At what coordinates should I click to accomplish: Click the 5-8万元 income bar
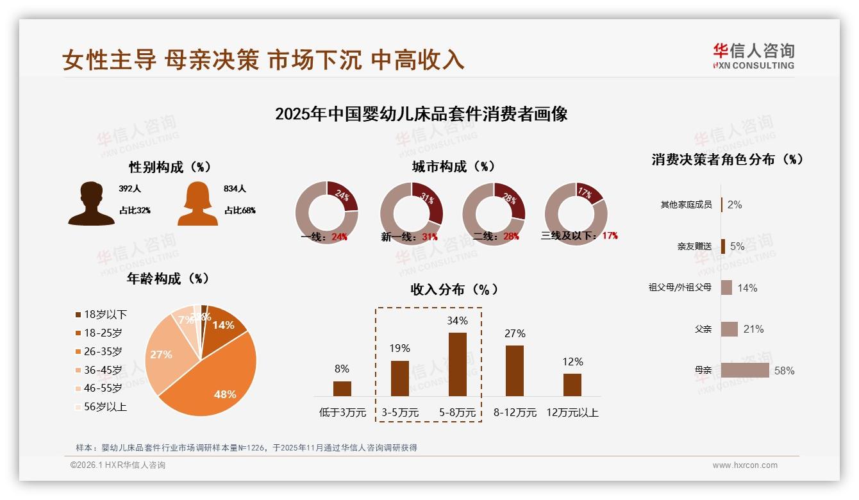click(457, 364)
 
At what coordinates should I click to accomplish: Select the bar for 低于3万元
click(342, 388)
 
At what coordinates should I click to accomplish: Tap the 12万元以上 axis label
click(572, 413)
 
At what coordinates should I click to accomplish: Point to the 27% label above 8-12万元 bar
click(515, 333)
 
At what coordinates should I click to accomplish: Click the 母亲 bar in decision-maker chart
click(745, 371)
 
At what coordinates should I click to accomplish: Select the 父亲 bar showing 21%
click(730, 329)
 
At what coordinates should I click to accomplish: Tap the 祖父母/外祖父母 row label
click(680, 288)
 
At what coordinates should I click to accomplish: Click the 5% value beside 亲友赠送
click(737, 246)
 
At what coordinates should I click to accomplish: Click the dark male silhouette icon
click(91, 203)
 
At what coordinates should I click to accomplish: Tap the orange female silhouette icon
click(197, 203)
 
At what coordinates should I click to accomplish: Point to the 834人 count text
click(235, 189)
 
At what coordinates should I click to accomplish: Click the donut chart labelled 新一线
click(412, 213)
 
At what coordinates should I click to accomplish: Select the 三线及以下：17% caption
click(580, 236)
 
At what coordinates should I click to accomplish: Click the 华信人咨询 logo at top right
click(753, 56)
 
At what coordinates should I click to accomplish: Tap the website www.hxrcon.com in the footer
click(745, 465)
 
